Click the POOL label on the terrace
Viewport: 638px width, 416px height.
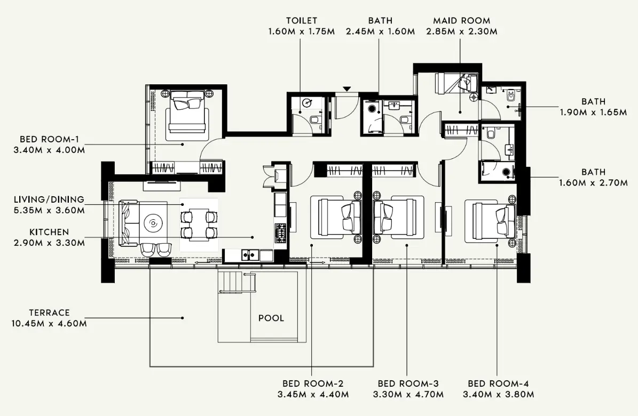coord(271,318)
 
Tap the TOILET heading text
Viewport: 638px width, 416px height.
coord(301,21)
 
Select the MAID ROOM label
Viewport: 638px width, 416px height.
coord(461,21)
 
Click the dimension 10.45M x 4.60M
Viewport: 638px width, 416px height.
coord(49,323)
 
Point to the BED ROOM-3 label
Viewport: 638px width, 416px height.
coord(408,383)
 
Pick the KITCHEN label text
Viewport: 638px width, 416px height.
coord(49,232)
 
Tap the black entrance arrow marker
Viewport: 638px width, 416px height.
coord(347,89)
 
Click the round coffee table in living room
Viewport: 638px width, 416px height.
coord(153,223)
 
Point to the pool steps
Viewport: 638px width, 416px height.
coord(235,281)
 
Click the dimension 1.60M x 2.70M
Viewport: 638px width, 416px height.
coord(593,183)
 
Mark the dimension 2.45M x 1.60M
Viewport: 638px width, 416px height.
coord(380,32)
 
